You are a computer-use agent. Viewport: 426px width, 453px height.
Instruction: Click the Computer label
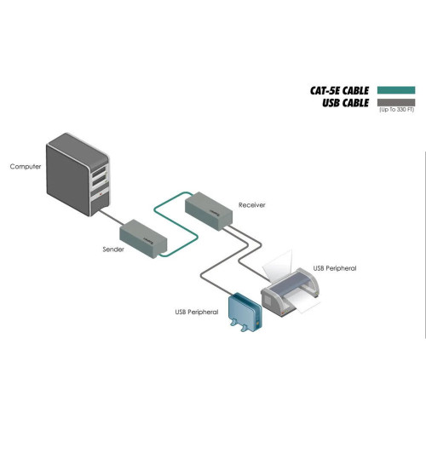pos(26,166)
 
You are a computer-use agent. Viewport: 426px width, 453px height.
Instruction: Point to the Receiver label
pos(252,205)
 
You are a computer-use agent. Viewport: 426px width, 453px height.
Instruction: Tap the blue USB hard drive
pos(242,313)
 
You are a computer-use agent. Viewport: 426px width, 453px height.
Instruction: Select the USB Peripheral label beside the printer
pos(335,268)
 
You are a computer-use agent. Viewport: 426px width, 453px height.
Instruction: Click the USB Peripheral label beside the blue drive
pos(196,313)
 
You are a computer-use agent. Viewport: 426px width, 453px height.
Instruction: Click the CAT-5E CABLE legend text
pos(340,89)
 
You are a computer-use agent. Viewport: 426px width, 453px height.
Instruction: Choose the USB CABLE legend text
pos(346,102)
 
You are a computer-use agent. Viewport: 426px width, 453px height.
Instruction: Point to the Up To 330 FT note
pos(396,111)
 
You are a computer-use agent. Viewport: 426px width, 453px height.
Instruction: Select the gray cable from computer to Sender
pos(113,216)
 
